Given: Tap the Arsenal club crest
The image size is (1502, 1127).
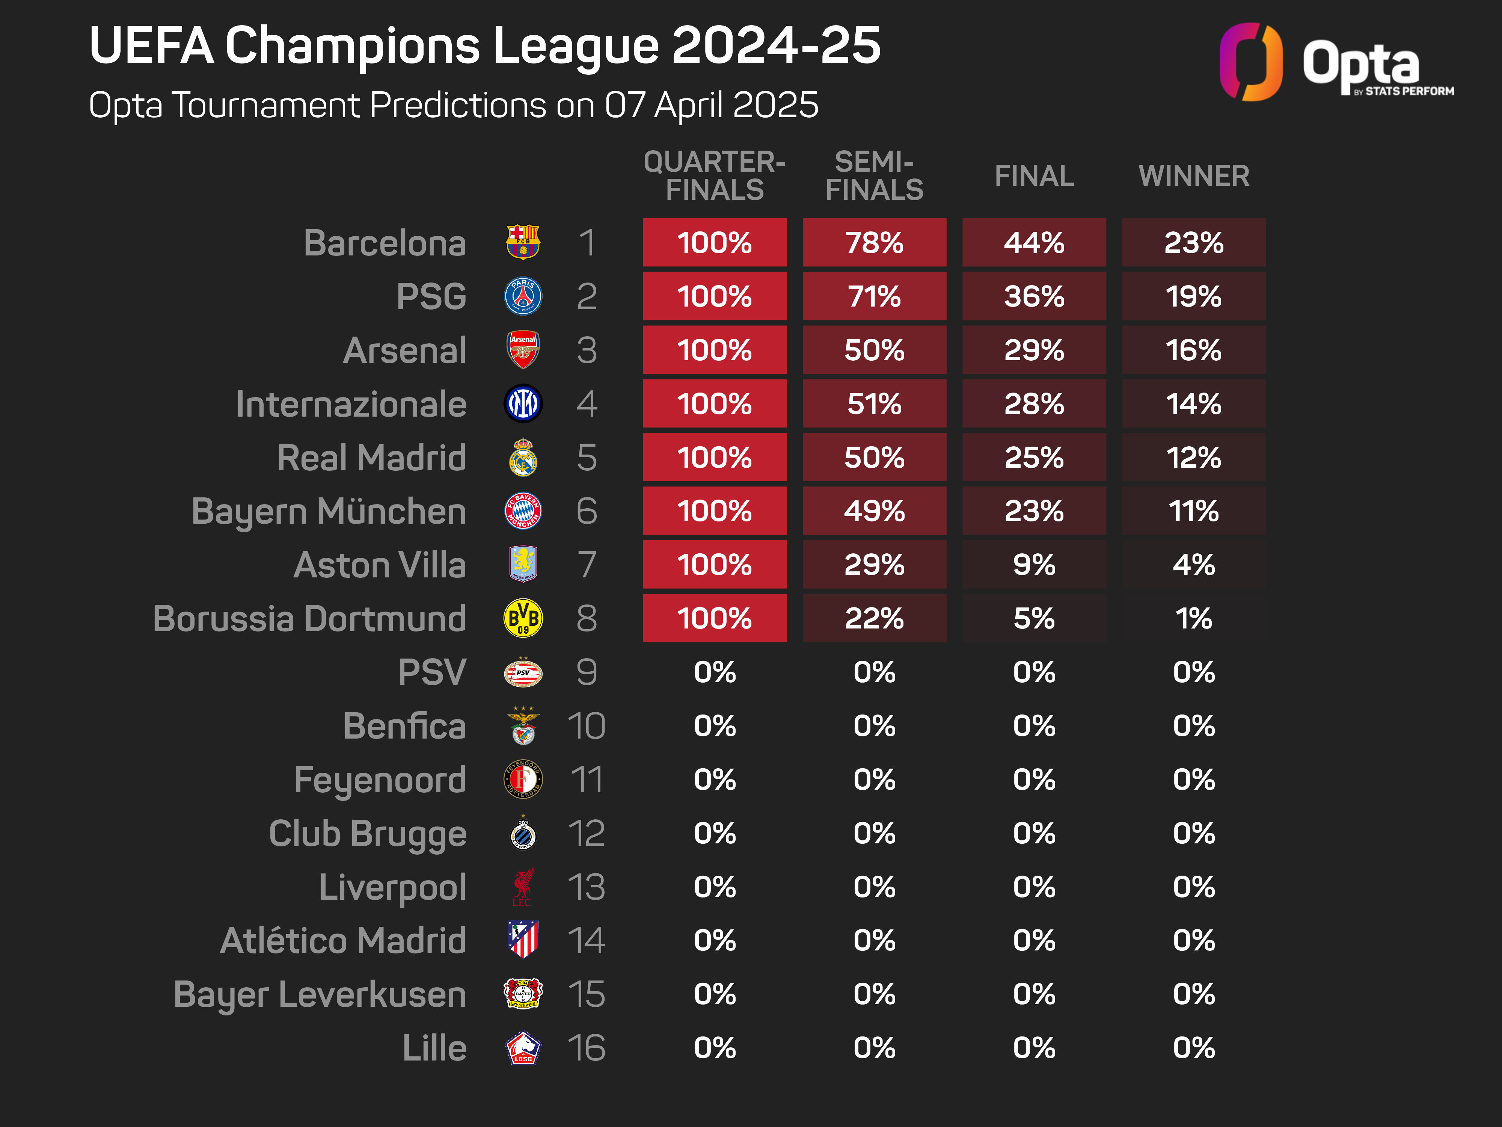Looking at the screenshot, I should click(x=523, y=350).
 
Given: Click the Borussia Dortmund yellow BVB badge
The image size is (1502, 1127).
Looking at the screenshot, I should click(x=523, y=618).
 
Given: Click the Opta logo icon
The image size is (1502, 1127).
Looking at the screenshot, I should click(x=1251, y=62).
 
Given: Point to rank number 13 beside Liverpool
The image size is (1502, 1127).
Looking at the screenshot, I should click(x=586, y=887).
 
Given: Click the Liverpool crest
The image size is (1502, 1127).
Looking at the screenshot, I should click(x=523, y=887).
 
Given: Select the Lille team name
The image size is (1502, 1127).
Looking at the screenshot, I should click(x=434, y=1047).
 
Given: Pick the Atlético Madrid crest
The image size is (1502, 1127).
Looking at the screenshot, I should click(x=523, y=940).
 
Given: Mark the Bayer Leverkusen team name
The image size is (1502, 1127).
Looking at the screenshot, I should click(x=320, y=994).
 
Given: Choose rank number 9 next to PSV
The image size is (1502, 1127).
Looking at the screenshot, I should click(x=586, y=672).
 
